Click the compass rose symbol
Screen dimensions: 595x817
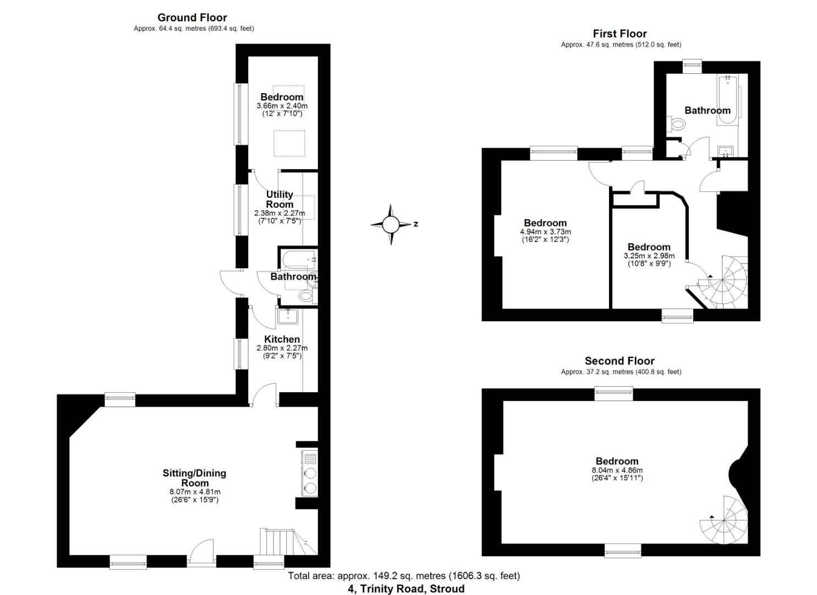click(391, 224)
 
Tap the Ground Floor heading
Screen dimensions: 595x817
click(192, 18)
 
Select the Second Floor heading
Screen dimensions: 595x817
click(619, 361)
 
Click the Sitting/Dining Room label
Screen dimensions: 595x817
click(194, 478)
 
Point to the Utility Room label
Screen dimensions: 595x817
click(279, 199)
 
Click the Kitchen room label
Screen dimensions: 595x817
click(282, 339)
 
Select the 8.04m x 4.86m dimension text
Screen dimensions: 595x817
click(617, 470)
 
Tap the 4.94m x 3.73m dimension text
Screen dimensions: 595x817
click(545, 232)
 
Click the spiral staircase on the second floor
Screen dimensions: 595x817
click(726, 519)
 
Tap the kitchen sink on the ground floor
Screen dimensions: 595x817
click(287, 316)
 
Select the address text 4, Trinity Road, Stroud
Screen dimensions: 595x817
click(406, 589)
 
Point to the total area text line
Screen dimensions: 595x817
click(404, 576)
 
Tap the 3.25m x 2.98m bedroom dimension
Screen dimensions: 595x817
click(649, 256)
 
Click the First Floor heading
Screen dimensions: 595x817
click(619, 34)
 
